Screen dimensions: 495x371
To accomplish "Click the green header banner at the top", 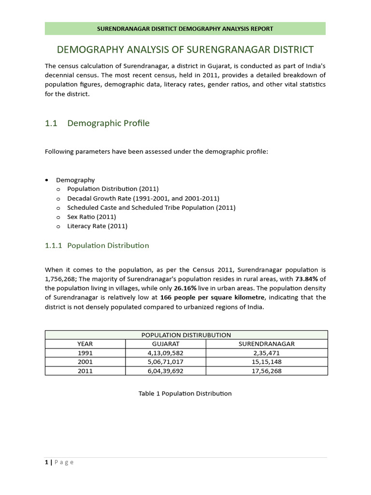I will (185, 29).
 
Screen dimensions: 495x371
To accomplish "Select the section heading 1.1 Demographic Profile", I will (97, 123).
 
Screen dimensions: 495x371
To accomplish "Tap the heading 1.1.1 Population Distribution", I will (97, 246).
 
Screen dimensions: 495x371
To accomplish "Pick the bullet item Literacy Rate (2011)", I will (97, 226).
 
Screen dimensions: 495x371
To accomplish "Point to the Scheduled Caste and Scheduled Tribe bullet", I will (151, 208).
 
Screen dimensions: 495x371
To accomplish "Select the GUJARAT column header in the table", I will (165, 344).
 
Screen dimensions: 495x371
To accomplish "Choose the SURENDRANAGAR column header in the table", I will (267, 344).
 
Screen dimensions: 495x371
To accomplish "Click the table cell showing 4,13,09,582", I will (165, 353).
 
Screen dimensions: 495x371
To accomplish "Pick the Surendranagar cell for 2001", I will (267, 362).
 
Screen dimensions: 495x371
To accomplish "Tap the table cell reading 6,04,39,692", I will (165, 371).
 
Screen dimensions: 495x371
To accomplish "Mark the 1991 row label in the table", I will (85, 353).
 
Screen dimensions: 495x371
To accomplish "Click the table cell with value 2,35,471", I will (267, 353).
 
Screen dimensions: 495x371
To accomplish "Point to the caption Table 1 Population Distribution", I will (185, 393).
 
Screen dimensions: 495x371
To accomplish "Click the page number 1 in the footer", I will (47, 463).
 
